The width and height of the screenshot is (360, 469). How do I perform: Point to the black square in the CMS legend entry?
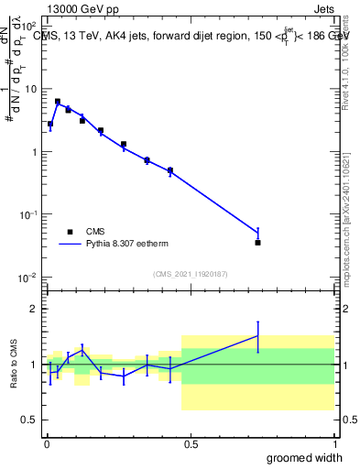[71, 232]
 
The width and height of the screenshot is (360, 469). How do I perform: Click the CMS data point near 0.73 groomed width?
[257, 243]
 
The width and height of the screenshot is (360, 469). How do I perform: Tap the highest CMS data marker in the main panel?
[58, 102]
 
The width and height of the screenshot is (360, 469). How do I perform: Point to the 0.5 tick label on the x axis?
[191, 443]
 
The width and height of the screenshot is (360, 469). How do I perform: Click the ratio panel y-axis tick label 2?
[35, 309]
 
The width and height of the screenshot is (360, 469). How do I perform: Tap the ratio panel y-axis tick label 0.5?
[31, 420]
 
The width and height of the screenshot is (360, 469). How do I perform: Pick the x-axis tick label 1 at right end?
[334, 443]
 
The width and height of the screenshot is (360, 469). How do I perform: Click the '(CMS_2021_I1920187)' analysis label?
[190, 273]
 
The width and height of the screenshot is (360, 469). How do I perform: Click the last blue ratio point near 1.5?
[257, 335]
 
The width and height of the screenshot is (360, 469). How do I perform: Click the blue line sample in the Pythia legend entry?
[71, 245]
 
